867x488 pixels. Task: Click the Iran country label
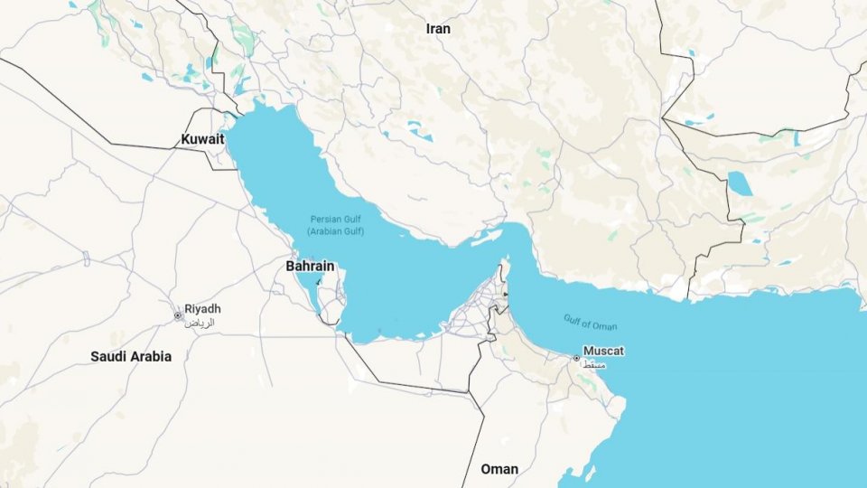[438, 29]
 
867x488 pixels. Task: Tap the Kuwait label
[202, 139]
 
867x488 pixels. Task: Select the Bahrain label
[310, 267]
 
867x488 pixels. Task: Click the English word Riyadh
[202, 309]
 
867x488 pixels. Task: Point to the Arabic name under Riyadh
[200, 322]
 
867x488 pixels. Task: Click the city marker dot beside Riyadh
[178, 315]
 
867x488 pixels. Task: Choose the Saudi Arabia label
[131, 356]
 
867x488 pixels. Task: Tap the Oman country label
[499, 469]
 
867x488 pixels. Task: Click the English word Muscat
[604, 351]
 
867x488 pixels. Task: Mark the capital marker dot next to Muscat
[576, 358]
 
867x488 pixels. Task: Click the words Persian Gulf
[335, 220]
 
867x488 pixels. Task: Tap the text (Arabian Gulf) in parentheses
[335, 232]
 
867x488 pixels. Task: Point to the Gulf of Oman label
[591, 323]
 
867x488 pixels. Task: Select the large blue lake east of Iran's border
[741, 183]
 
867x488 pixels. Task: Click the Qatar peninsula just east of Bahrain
[334, 303]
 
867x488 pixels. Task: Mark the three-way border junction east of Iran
[664, 118]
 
